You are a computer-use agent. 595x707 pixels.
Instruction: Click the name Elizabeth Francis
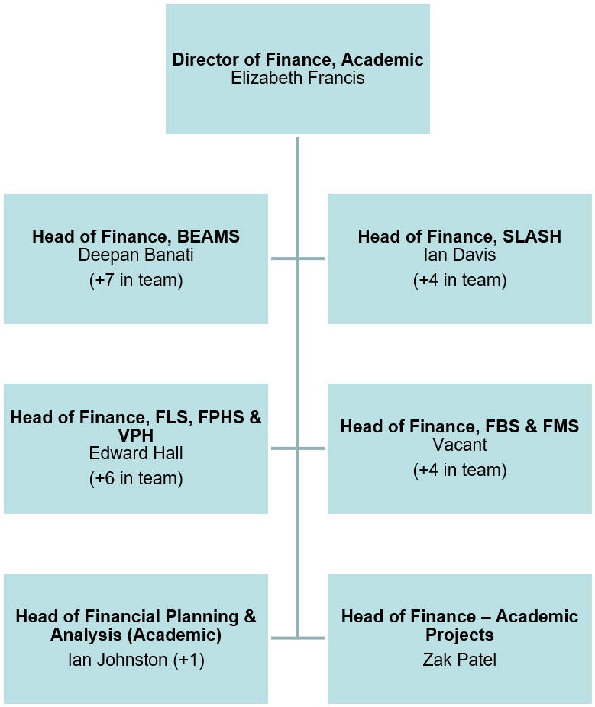click(x=298, y=78)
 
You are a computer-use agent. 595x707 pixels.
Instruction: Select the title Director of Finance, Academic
click(x=298, y=59)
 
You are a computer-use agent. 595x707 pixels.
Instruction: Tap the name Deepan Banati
click(x=136, y=255)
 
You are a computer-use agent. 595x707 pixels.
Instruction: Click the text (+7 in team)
click(x=136, y=280)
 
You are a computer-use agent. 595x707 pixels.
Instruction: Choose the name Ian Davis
click(x=459, y=255)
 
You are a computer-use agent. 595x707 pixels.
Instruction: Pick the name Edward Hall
click(x=136, y=453)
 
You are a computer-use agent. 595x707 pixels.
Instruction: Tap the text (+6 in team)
click(x=136, y=478)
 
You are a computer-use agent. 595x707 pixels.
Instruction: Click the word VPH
click(x=136, y=435)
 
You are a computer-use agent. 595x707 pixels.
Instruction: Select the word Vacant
click(x=459, y=445)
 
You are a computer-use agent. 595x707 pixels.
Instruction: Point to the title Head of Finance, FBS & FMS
click(x=459, y=426)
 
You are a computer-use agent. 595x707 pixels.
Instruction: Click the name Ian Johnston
click(x=116, y=660)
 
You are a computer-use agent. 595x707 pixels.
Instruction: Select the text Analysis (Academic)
click(x=136, y=635)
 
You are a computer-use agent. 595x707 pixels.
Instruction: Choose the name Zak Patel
click(x=459, y=660)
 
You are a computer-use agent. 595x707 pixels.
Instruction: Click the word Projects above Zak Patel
click(x=459, y=635)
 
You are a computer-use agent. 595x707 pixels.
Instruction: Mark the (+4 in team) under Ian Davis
click(x=459, y=280)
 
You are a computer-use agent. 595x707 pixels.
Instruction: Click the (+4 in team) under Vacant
click(x=459, y=470)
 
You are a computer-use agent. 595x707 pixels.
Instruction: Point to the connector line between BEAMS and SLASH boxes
click(x=298, y=259)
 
